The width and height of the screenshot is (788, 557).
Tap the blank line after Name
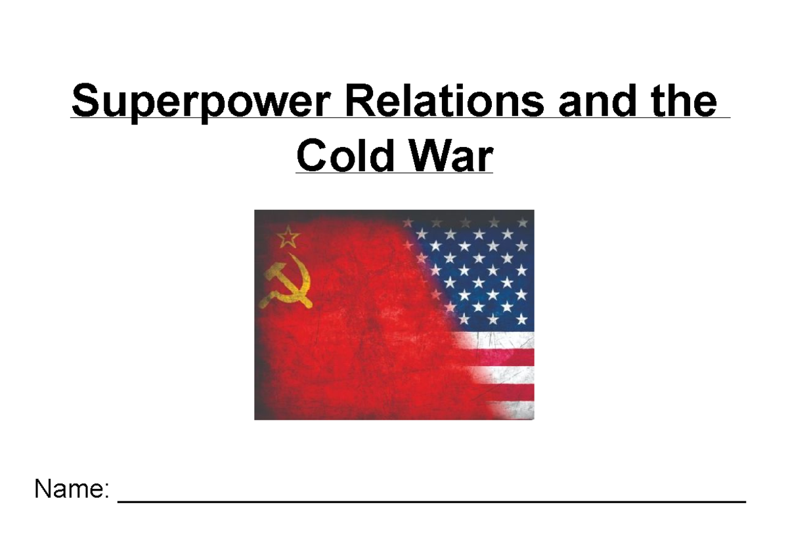coord(431,501)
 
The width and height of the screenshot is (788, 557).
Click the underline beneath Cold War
coord(393,173)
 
